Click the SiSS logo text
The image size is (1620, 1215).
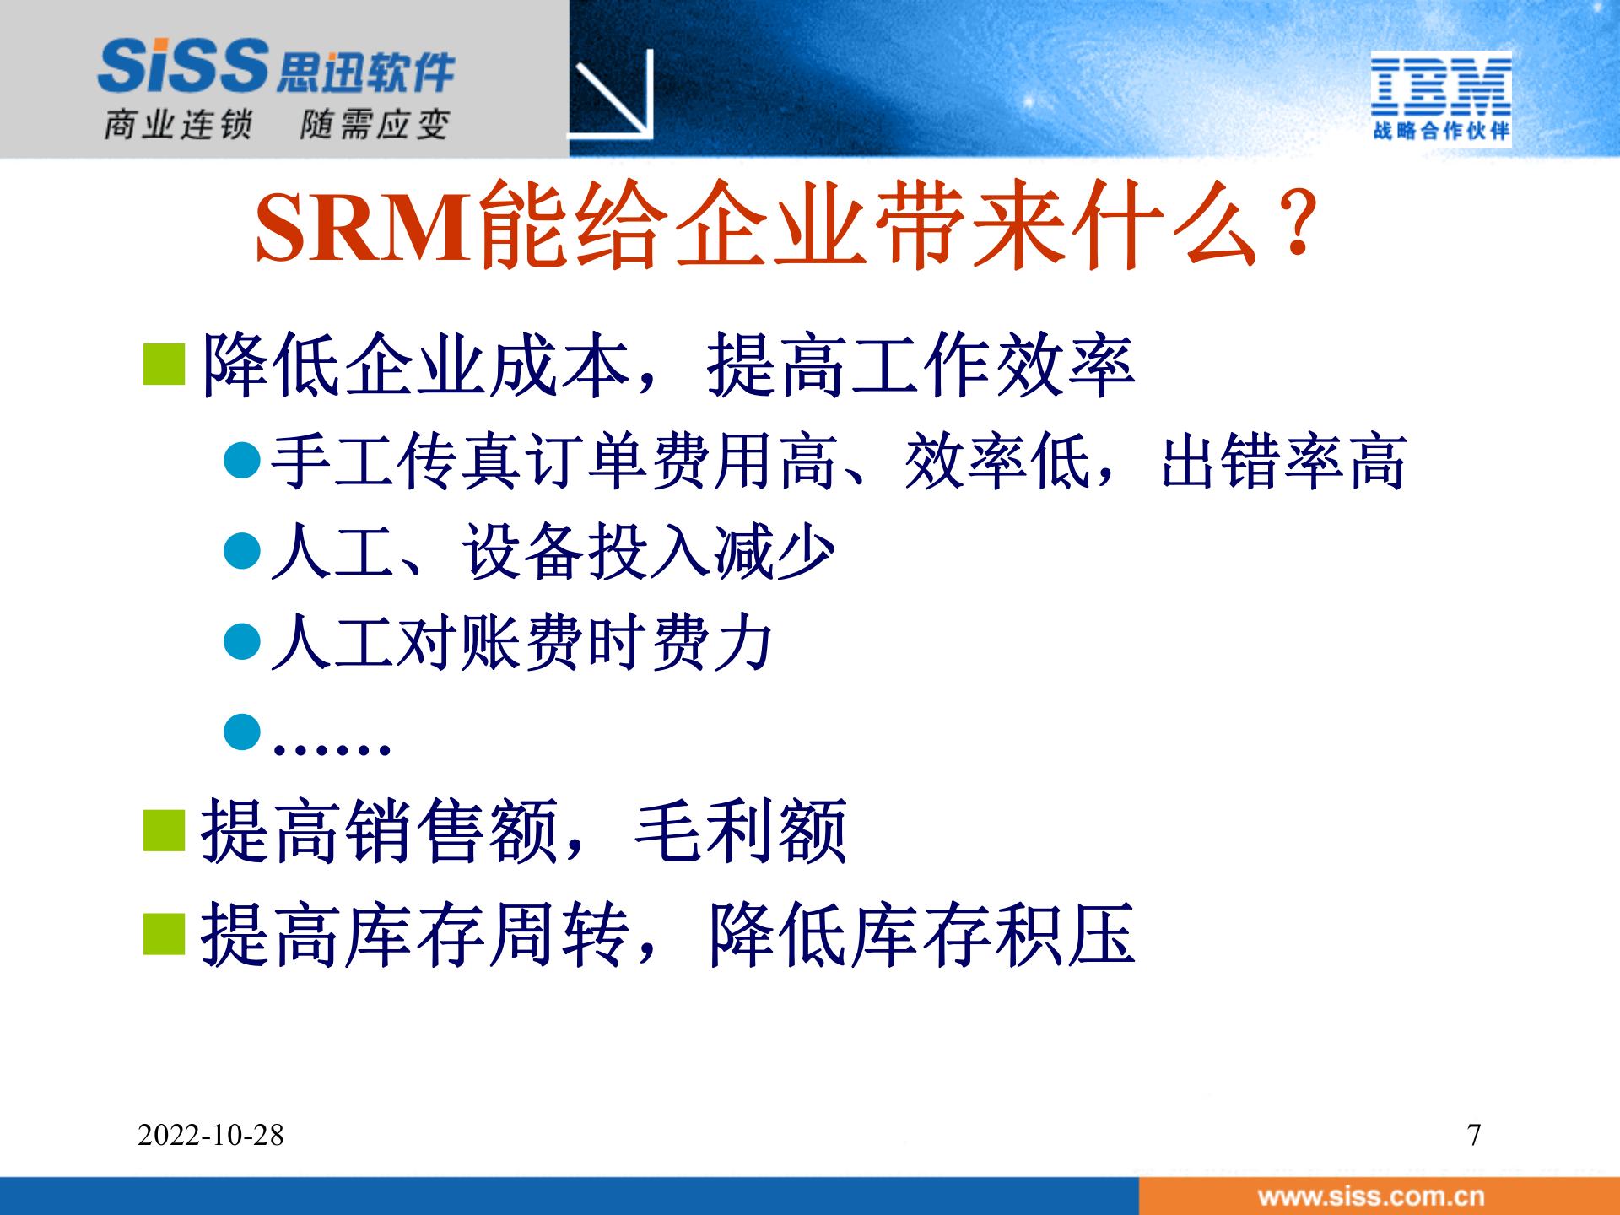click(x=184, y=66)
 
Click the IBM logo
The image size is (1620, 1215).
click(x=1440, y=86)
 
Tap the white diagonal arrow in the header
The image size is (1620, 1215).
click(x=614, y=94)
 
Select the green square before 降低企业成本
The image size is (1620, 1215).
click(x=165, y=364)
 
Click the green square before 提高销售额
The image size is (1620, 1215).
click(x=165, y=831)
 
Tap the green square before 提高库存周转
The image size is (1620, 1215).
click(x=165, y=934)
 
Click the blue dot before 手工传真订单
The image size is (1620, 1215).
click(x=242, y=461)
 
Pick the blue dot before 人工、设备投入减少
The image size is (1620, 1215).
click(x=242, y=551)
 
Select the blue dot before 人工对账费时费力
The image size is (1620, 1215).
click(x=242, y=641)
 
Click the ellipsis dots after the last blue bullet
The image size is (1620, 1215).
click(x=332, y=748)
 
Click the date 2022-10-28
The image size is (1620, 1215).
click(x=211, y=1135)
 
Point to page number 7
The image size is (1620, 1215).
click(x=1473, y=1135)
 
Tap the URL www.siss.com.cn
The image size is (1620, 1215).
click(x=1370, y=1196)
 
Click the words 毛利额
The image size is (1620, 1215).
click(x=741, y=831)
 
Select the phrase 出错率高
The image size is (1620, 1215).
click(x=1283, y=462)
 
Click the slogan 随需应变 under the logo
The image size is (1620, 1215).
click(x=375, y=125)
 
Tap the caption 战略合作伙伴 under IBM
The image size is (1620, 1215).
click(x=1440, y=131)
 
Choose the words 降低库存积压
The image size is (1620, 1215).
click(x=922, y=934)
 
